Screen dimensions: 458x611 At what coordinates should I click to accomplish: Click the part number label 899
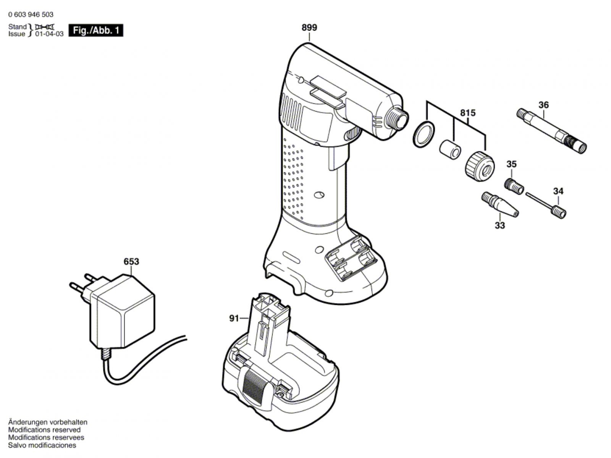pyautogui.click(x=309, y=28)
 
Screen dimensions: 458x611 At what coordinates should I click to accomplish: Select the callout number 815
pyautogui.click(x=467, y=113)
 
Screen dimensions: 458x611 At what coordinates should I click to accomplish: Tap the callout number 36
pyautogui.click(x=543, y=105)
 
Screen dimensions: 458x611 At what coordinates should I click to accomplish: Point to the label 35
pyautogui.click(x=511, y=164)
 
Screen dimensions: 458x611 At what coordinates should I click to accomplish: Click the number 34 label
pyautogui.click(x=558, y=191)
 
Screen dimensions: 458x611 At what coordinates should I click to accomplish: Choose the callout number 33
pyautogui.click(x=499, y=225)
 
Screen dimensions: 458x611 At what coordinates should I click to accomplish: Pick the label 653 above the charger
pyautogui.click(x=131, y=262)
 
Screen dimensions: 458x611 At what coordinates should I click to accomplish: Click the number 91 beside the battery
pyautogui.click(x=234, y=318)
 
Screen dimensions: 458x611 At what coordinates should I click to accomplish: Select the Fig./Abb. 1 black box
pyautogui.click(x=96, y=31)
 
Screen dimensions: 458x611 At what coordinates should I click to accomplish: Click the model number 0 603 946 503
pyautogui.click(x=31, y=15)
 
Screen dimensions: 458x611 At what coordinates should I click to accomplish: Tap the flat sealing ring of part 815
pyautogui.click(x=423, y=134)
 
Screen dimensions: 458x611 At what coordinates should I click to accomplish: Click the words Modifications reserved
pyautogui.click(x=44, y=430)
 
